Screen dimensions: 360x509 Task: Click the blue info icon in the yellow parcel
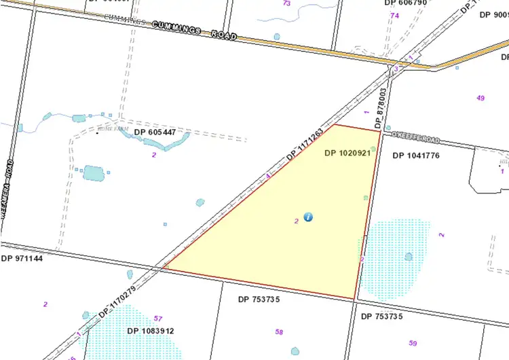[308, 217]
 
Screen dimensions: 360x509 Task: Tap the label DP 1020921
[347, 154]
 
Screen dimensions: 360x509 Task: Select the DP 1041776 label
[416, 156]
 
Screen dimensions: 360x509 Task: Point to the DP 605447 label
[159, 132]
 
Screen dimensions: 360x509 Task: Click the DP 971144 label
[22, 259]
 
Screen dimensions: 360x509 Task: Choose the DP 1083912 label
[151, 331]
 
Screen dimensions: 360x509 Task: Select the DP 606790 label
[407, 3]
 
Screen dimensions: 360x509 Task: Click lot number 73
[286, 3]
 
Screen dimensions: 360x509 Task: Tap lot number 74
[394, 15]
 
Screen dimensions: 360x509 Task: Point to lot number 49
[480, 98]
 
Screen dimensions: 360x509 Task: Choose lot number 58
[279, 331]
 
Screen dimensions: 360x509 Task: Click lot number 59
[413, 343]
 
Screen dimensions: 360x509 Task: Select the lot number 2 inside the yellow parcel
[297, 221]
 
